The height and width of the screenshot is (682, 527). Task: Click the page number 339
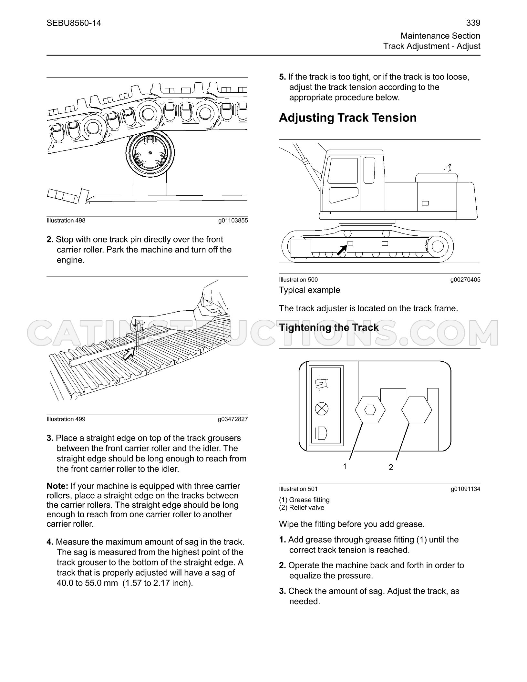(473, 23)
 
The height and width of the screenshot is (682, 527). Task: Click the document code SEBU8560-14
(74, 23)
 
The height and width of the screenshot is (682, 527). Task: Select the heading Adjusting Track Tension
(348, 118)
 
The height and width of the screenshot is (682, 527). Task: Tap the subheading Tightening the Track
(329, 327)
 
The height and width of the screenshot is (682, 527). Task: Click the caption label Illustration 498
(66, 221)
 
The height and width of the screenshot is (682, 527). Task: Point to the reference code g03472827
(233, 419)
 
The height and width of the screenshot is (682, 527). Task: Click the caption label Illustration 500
(298, 280)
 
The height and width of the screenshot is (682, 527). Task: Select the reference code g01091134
(465, 489)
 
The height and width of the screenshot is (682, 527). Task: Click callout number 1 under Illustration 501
(345, 467)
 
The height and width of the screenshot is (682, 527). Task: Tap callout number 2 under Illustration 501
(391, 467)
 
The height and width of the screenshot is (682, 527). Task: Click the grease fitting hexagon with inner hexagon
(370, 410)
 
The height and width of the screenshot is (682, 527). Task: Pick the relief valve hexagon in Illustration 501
(417, 410)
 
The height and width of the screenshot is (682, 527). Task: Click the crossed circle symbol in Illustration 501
(322, 409)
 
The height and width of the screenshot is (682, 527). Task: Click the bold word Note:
(57, 486)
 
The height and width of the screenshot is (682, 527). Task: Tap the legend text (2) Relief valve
(302, 508)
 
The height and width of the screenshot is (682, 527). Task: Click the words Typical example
(310, 290)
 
